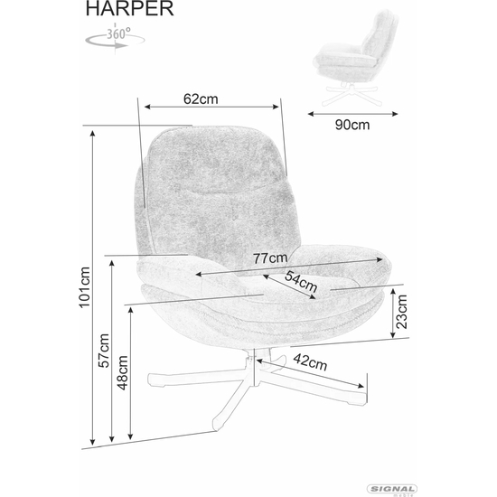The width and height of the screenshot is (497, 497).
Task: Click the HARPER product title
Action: pos(129,8)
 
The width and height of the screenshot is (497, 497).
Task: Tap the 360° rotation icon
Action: pos(116,38)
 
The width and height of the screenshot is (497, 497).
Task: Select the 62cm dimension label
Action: pos(201,99)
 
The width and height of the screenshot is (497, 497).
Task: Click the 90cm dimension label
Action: pos(352,125)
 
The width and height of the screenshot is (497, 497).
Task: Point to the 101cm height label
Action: pos(85,287)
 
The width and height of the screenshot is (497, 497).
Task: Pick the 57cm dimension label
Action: pos(104,351)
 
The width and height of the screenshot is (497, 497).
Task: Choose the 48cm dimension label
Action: pos(122,372)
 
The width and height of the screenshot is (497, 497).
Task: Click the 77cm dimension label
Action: pos(270,258)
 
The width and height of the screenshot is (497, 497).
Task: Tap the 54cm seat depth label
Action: pos(301,281)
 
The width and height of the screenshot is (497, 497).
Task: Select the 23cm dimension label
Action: pos(401,312)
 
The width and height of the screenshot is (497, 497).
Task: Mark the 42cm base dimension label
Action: pos(310,362)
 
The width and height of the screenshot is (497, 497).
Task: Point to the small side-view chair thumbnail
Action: pos(356,58)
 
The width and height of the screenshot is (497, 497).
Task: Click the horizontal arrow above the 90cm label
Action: pos(352,114)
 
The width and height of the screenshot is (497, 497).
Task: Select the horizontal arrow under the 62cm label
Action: pos(211,107)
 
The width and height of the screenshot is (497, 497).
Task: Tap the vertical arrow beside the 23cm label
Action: pos(393,314)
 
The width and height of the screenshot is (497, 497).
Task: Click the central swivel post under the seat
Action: pos(252,367)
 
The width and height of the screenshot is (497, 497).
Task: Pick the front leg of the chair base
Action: pos(230,403)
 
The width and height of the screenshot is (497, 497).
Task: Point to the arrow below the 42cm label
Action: pos(310,374)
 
